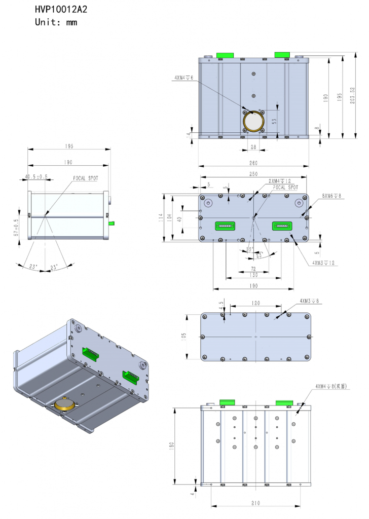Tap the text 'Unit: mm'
[x=56, y=22]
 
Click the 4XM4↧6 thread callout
[x=183, y=78]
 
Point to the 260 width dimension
[x=253, y=163]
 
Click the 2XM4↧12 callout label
[x=280, y=181]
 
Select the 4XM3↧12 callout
[x=324, y=263]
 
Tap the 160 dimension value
[x=253, y=286]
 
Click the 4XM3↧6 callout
[x=309, y=301]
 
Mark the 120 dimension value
[x=255, y=303]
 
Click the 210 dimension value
[x=255, y=503]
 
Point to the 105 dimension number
[x=184, y=336]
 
